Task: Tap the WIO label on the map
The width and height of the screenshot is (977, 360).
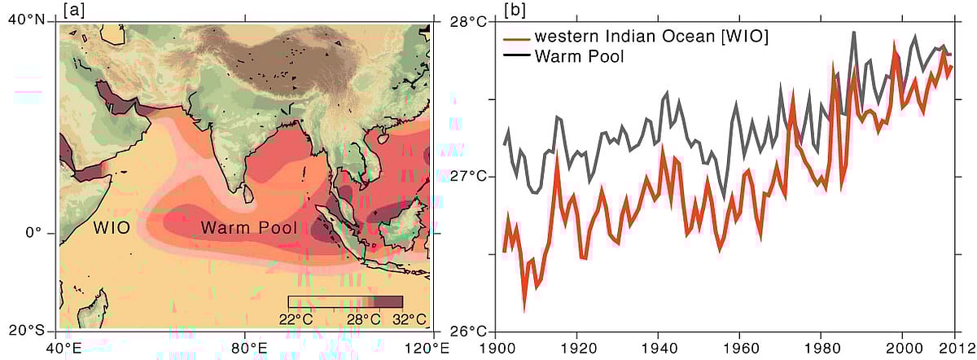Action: click(x=111, y=227)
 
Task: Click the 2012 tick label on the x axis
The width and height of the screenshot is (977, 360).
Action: click(x=959, y=349)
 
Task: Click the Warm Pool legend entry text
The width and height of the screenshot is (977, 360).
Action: click(x=581, y=56)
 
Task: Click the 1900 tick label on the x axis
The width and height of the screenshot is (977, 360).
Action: click(x=494, y=349)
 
